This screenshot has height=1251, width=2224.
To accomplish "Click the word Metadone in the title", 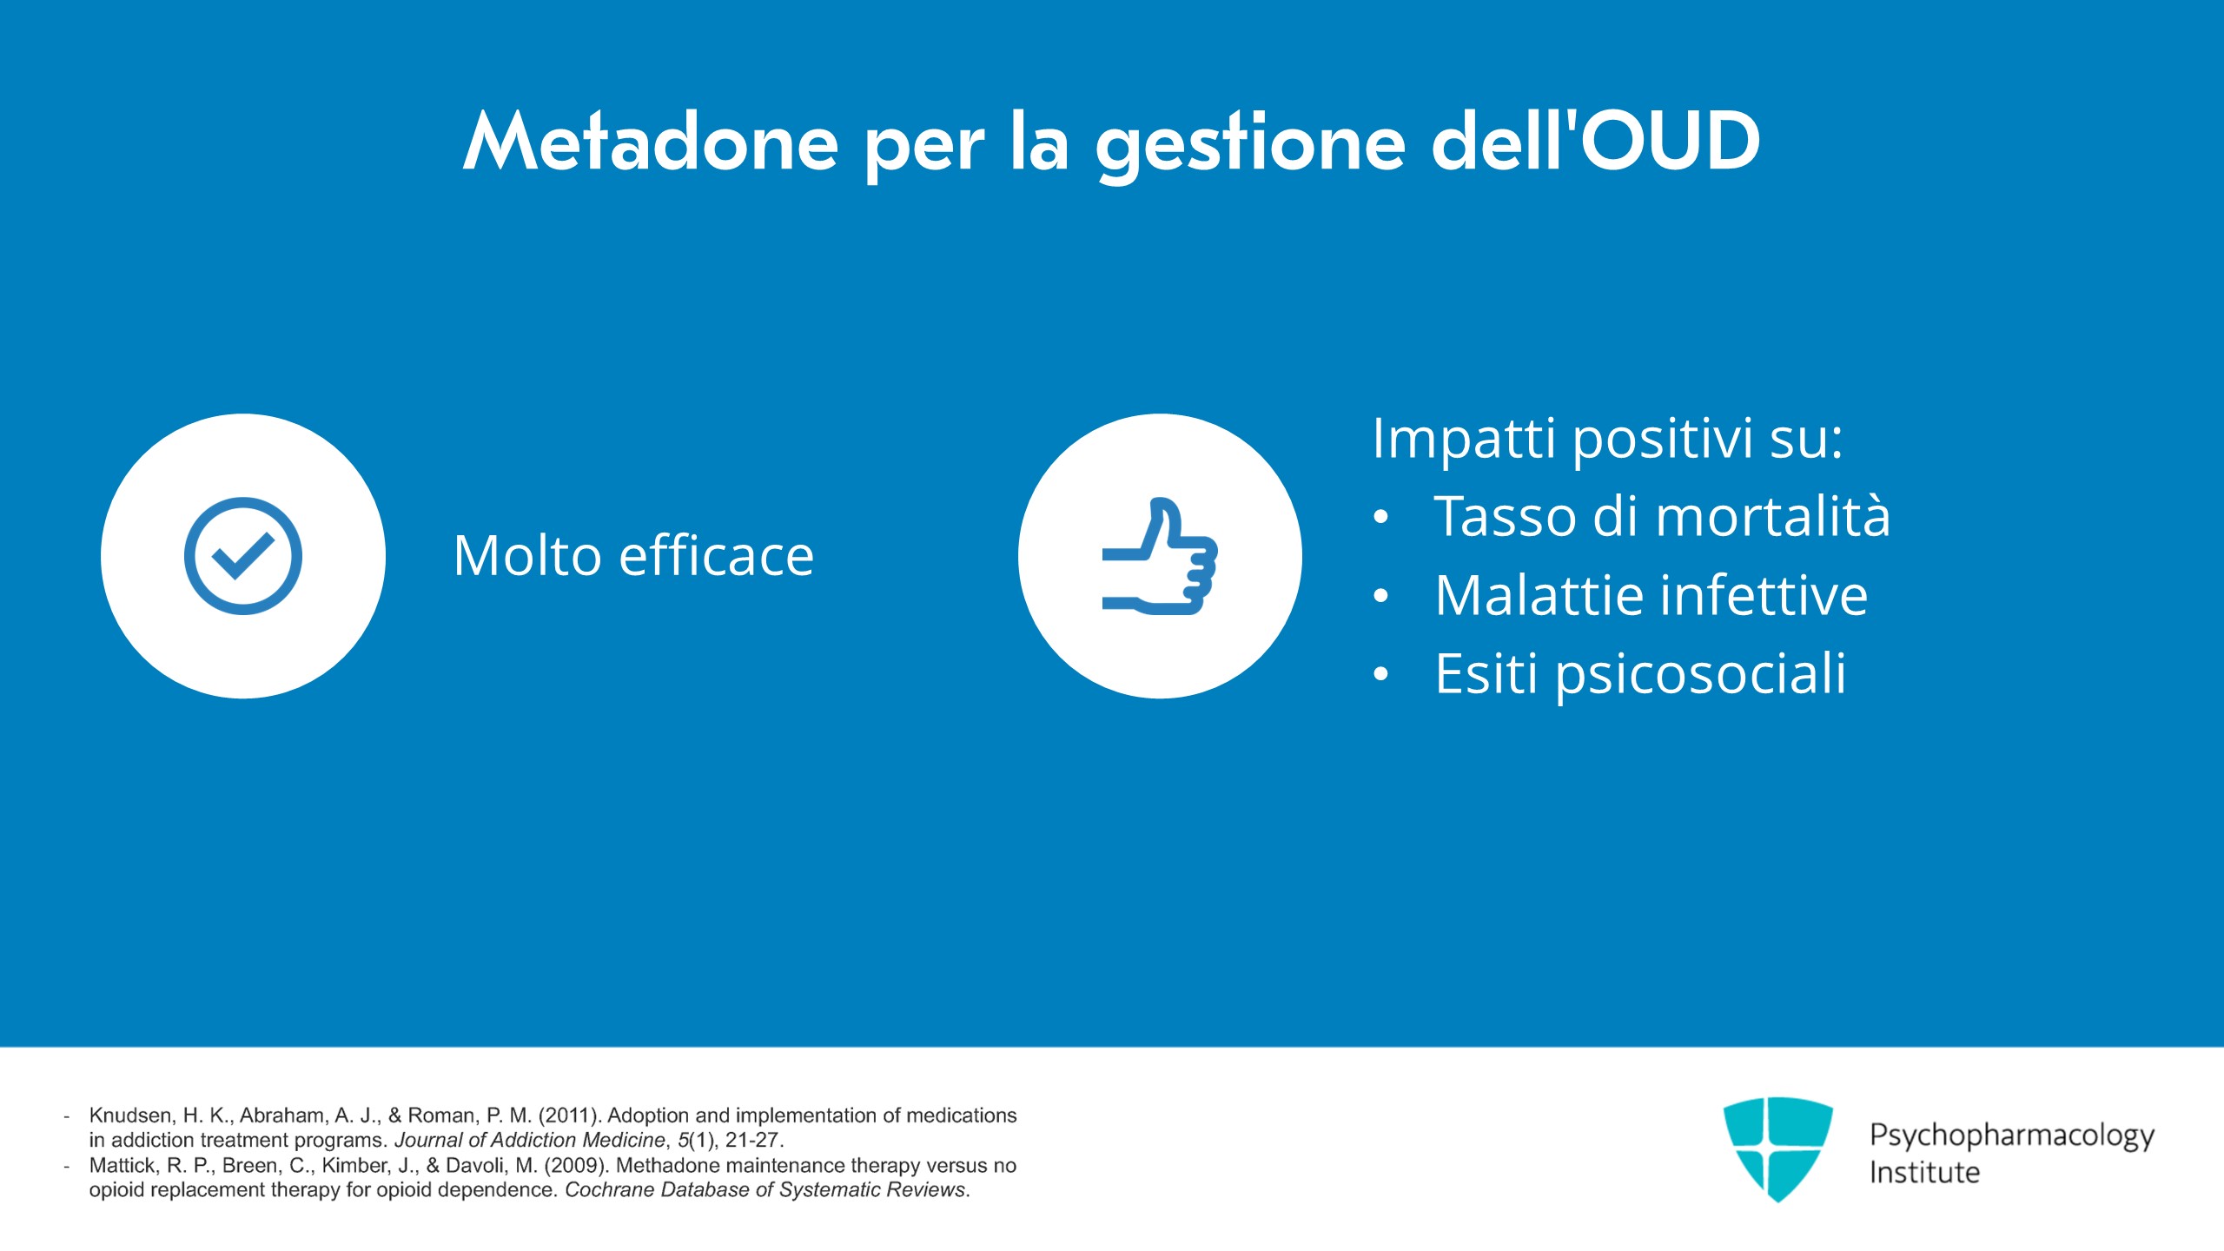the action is pos(652,141).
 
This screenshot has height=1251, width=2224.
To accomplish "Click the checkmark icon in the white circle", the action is pos(243,556).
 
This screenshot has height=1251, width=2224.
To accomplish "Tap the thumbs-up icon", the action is pos(1160,556).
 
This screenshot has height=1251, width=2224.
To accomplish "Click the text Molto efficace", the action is pos(633,556).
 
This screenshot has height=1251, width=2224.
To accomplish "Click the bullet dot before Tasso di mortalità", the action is pos(1381,518).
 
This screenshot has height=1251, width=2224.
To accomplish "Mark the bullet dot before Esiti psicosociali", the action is pos(1381,674).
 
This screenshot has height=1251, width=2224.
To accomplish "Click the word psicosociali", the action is pos(1700,675).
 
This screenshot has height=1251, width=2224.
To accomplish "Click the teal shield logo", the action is pos(1777,1148).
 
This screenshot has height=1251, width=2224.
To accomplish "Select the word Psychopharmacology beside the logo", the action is pos(2012,1136).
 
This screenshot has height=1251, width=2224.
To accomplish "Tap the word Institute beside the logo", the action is pos(1924,1173).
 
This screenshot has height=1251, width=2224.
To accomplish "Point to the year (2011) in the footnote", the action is pos(570,1115).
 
